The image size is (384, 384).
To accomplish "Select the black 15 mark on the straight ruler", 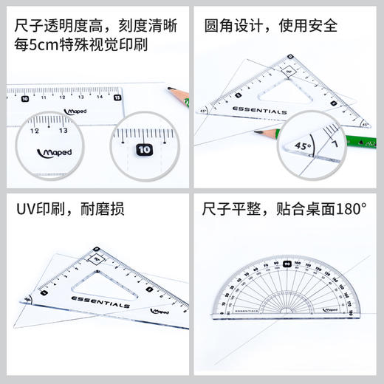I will (x=117, y=97).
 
